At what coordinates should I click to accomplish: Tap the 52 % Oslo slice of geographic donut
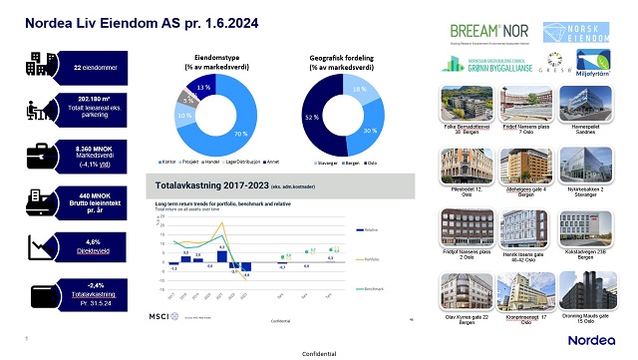[313, 118]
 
